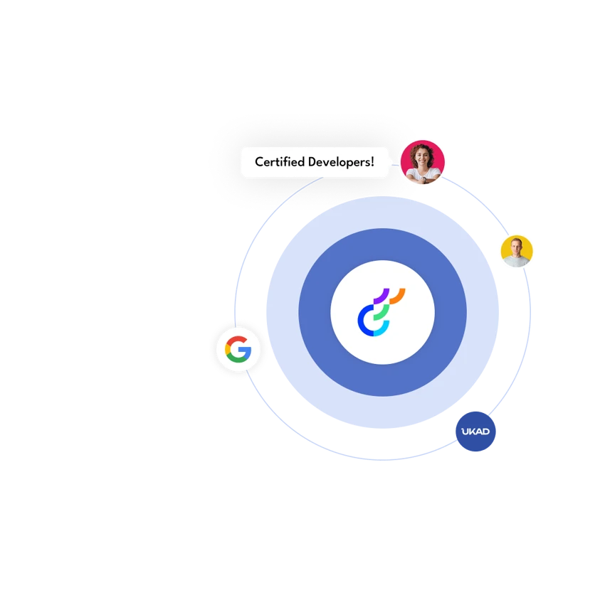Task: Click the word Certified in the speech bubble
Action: coord(280,162)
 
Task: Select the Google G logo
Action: coord(238,349)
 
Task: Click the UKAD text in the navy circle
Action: coord(475,432)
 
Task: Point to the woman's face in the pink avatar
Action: coord(422,158)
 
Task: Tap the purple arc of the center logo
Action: coord(382,295)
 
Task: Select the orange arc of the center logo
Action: coord(398,295)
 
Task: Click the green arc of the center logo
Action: coord(382,312)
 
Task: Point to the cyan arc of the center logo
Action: coord(382,329)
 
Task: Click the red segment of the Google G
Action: coord(236,339)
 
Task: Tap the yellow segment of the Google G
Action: coord(227,349)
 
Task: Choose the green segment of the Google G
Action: coord(236,359)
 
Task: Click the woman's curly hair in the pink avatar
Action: coord(422,149)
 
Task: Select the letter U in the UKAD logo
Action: coord(465,432)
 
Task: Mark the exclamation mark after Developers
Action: coord(372,162)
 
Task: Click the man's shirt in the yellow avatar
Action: coord(516,262)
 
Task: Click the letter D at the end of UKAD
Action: coord(485,432)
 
